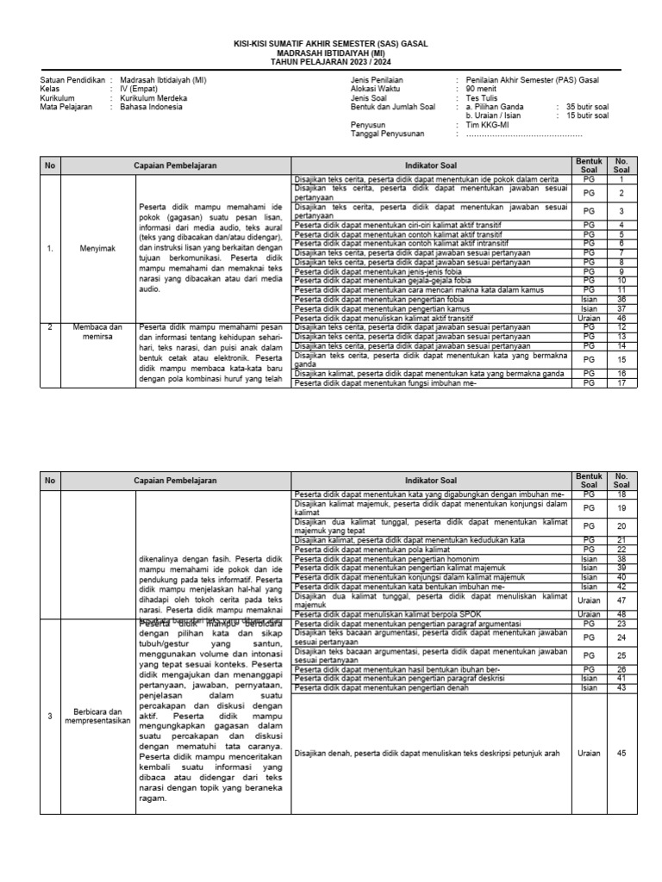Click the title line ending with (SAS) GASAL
point(331,43)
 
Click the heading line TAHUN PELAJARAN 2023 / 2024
point(331,62)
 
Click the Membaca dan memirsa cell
point(97,332)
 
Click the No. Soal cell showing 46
point(621,318)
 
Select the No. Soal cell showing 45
point(621,753)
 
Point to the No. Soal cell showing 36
point(621,300)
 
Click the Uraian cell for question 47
point(590,599)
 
